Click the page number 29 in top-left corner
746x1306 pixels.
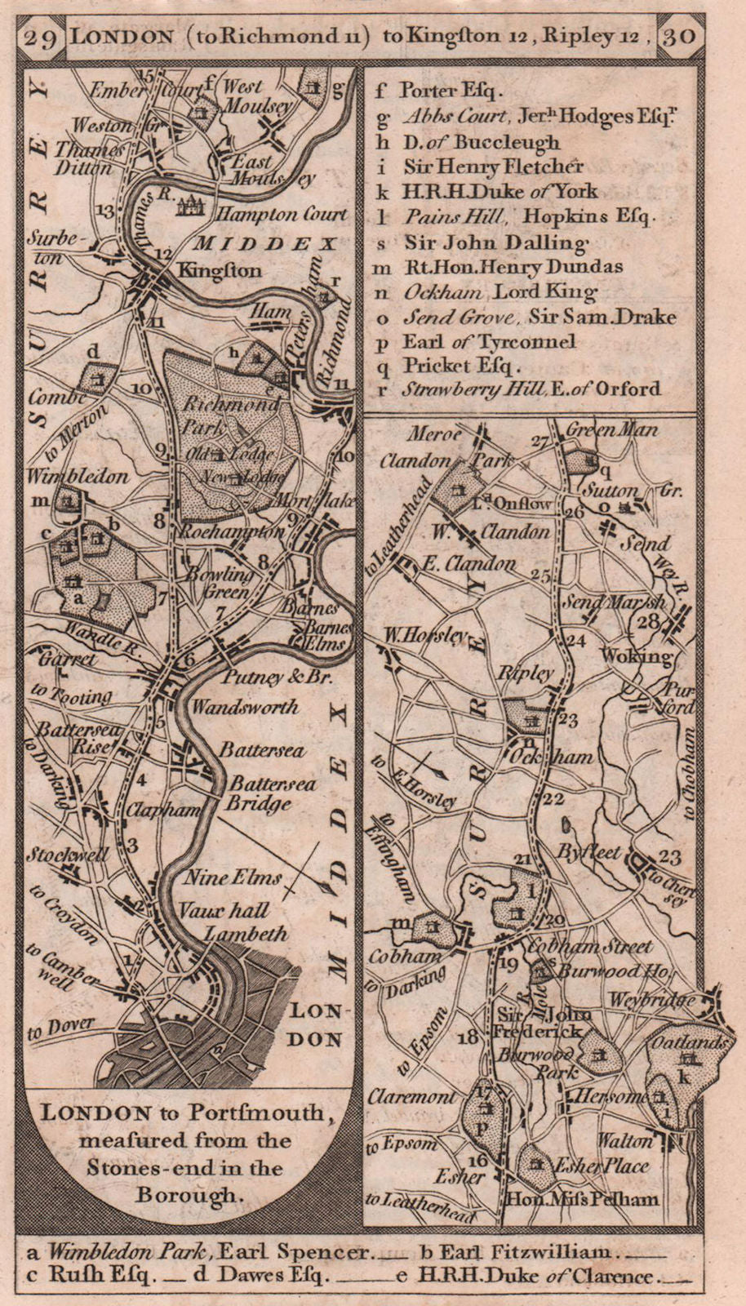click(x=41, y=38)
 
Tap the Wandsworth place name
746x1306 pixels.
click(x=245, y=708)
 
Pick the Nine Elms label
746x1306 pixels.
click(x=232, y=878)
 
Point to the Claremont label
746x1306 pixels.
click(x=411, y=1098)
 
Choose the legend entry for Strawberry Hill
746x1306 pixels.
click(x=531, y=389)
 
